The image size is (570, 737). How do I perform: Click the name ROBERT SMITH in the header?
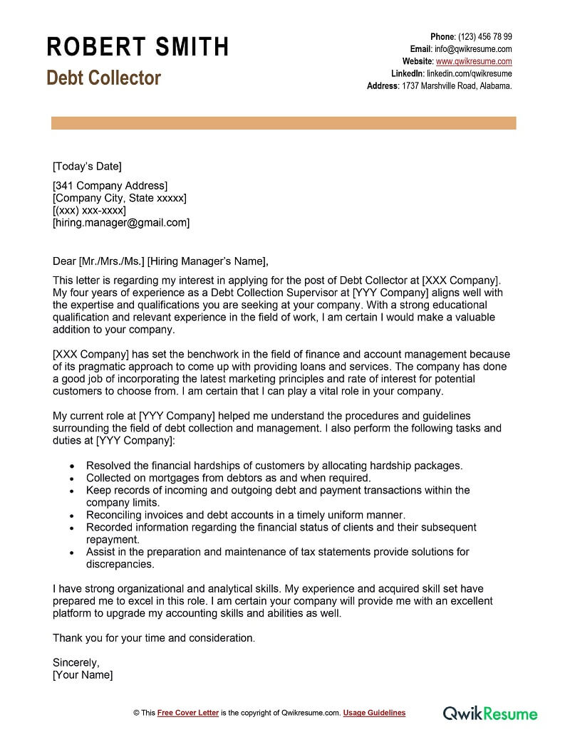click(138, 47)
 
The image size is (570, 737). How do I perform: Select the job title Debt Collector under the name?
click(103, 78)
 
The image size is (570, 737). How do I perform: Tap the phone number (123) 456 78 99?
click(484, 37)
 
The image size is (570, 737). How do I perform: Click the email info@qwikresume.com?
click(474, 49)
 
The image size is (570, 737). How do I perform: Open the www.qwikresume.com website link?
click(474, 61)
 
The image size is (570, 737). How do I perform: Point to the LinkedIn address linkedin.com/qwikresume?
click(469, 73)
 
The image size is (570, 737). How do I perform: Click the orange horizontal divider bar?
click(284, 123)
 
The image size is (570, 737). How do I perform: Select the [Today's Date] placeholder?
click(87, 167)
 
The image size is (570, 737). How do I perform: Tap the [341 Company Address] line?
click(110, 186)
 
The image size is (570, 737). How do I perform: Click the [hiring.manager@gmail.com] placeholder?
click(121, 222)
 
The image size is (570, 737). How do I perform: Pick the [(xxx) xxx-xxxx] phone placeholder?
click(89, 210)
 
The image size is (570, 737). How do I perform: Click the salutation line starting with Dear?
click(161, 261)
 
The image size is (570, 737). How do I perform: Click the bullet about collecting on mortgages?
click(228, 478)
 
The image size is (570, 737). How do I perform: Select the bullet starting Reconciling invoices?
click(245, 515)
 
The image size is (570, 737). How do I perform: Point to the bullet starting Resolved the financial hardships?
click(274, 466)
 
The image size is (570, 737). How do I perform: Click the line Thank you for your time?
click(153, 638)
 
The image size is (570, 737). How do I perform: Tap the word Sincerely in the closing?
click(76, 662)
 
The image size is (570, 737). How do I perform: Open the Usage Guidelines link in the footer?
click(374, 713)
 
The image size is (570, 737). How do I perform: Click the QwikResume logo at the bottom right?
click(490, 713)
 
